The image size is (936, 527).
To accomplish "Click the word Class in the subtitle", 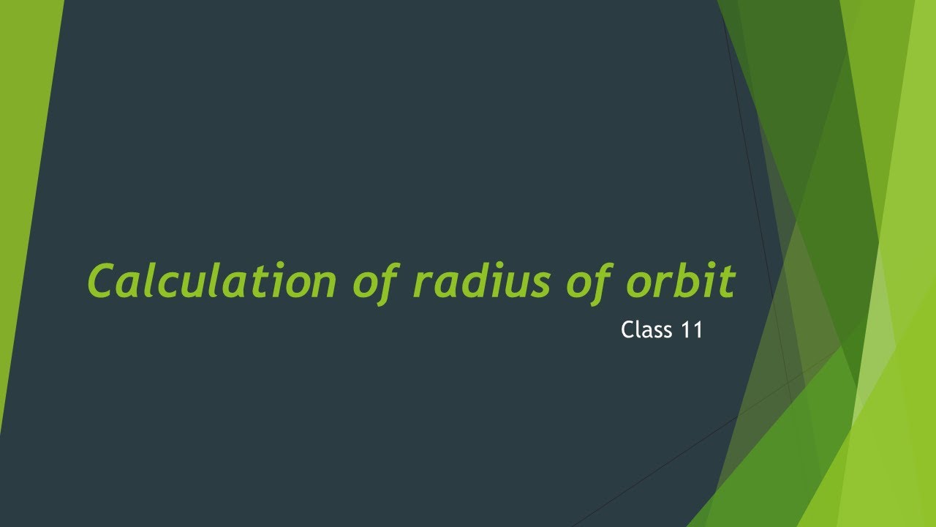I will [646, 330].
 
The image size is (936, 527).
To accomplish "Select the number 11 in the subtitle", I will [691, 330].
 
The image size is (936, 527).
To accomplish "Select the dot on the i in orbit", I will [709, 266].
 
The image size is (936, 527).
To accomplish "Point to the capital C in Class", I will [627, 330].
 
